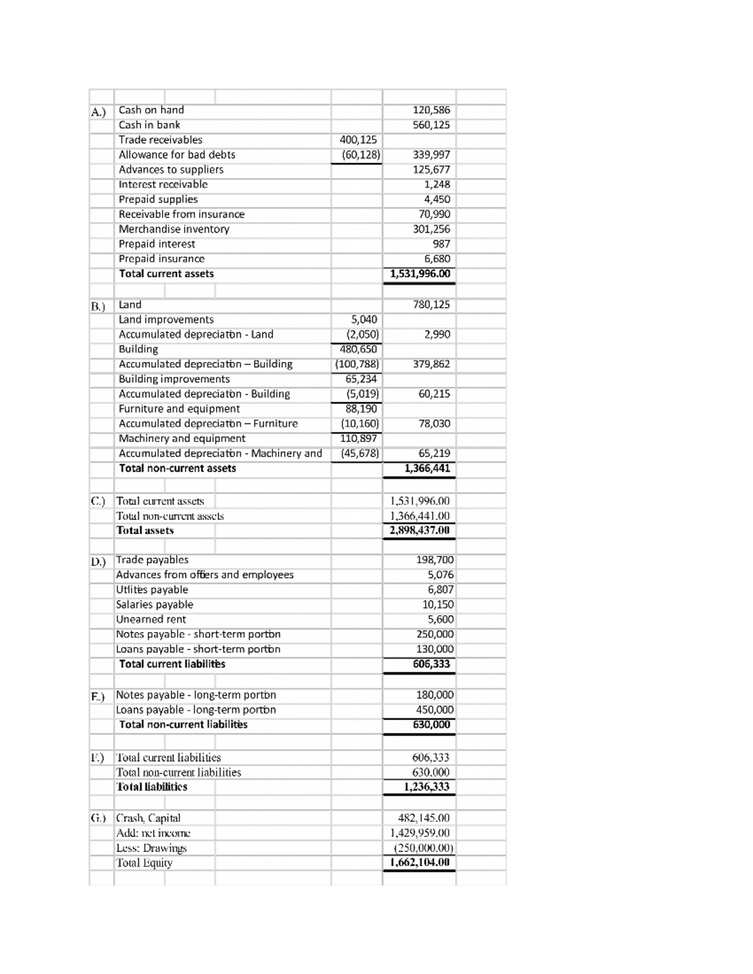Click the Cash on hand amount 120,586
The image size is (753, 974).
pyautogui.click(x=431, y=110)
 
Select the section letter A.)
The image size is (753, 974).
pyautogui.click(x=99, y=112)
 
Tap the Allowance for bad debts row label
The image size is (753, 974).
pyautogui.click(x=177, y=155)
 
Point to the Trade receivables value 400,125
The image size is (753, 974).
pyautogui.click(x=358, y=140)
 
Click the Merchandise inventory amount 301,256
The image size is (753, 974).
pyautogui.click(x=431, y=230)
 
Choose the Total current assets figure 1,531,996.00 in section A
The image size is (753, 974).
pyautogui.click(x=420, y=274)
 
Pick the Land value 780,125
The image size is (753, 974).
pyautogui.click(x=431, y=305)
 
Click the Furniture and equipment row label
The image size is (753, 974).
pyautogui.click(x=179, y=409)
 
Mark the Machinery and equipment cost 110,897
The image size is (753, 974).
pyautogui.click(x=359, y=438)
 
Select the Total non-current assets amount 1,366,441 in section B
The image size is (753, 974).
pyautogui.click(x=427, y=468)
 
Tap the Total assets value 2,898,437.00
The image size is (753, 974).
pyautogui.click(x=419, y=531)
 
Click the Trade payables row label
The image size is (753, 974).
pyautogui.click(x=152, y=560)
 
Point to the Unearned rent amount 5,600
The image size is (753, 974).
pyautogui.click(x=440, y=620)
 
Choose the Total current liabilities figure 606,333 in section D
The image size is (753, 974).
pyautogui.click(x=431, y=664)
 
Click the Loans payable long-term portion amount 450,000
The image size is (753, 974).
pyautogui.click(x=435, y=710)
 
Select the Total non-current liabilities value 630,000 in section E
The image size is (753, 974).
pyautogui.click(x=431, y=725)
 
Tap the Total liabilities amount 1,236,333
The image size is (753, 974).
pyautogui.click(x=427, y=787)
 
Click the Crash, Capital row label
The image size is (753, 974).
pyautogui.click(x=148, y=818)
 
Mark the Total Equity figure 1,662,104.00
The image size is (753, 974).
pyautogui.click(x=419, y=862)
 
